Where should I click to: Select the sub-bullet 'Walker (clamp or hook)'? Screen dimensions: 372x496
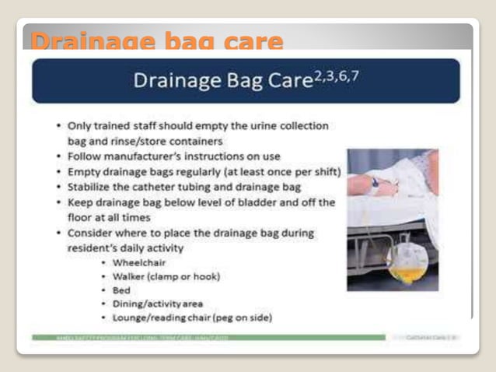166,276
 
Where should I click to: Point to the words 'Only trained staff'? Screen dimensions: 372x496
111,125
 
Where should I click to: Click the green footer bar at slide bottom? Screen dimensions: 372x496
208,337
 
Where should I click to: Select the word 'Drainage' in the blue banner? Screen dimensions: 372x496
173,81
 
